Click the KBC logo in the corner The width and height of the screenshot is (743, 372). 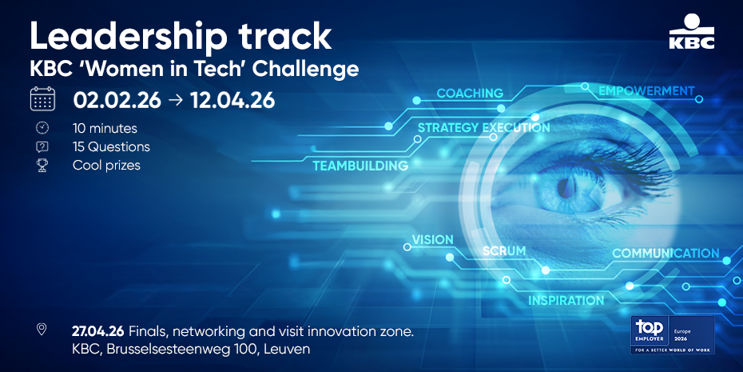(x=692, y=31)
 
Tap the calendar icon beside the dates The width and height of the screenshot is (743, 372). (x=42, y=99)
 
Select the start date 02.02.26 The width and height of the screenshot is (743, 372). (x=117, y=101)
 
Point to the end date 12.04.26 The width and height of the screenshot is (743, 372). (x=232, y=101)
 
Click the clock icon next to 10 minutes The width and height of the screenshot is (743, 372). (x=42, y=128)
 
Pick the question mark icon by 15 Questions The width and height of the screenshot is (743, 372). (x=42, y=147)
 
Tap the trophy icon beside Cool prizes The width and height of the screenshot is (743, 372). (x=42, y=166)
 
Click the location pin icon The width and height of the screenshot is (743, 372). (x=42, y=330)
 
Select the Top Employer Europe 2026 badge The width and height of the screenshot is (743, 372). (x=673, y=335)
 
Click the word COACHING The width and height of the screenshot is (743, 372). (x=470, y=93)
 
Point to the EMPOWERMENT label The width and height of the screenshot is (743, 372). (x=646, y=90)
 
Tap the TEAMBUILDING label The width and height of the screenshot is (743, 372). (x=360, y=166)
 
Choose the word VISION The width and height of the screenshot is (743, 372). (x=433, y=239)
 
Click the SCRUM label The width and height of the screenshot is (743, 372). (x=504, y=250)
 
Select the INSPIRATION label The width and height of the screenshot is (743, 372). (x=566, y=300)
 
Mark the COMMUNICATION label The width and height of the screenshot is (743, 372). (x=666, y=253)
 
